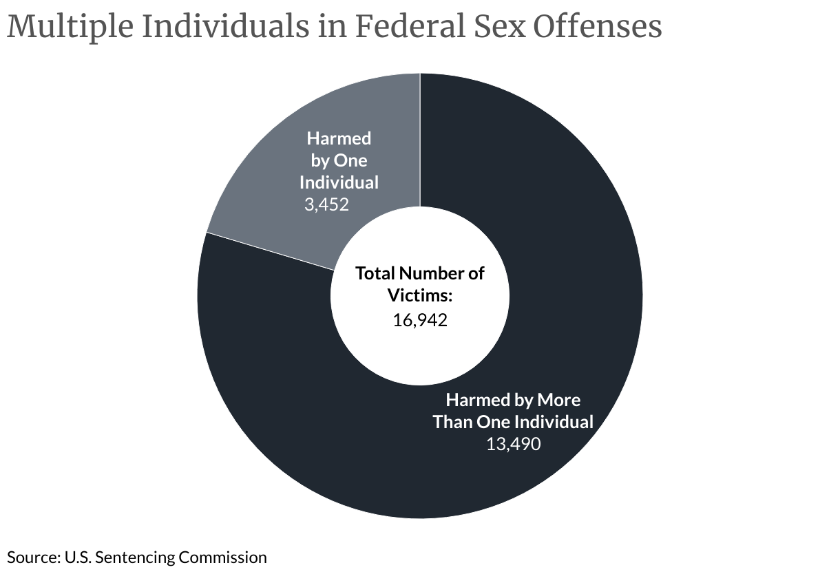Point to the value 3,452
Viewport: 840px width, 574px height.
(326, 204)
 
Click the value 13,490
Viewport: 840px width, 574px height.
(513, 444)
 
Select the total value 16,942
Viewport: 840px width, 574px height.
(420, 319)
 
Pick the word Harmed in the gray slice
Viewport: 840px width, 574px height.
(339, 138)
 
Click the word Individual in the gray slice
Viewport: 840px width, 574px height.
(339, 182)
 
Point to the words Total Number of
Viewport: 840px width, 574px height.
(420, 273)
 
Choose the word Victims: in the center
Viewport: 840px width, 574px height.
(420, 295)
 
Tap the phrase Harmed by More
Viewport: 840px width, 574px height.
(513, 400)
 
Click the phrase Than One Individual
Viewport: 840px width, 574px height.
(513, 422)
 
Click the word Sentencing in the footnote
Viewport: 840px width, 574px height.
(136, 557)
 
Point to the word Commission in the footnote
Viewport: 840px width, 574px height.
(222, 557)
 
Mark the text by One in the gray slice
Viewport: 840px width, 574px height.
(339, 160)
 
